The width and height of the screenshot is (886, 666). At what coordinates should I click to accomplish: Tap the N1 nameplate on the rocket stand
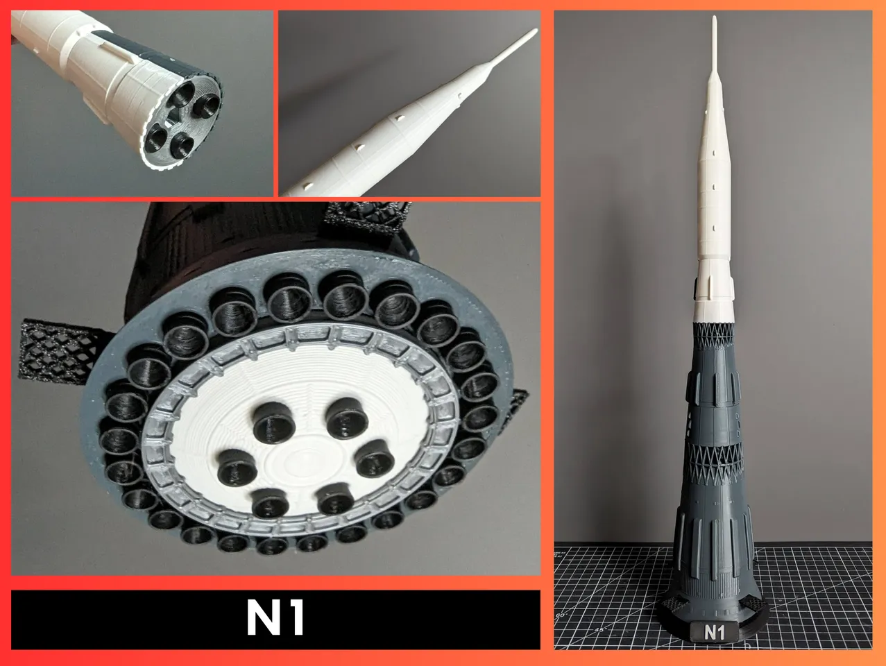pos(714,631)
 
